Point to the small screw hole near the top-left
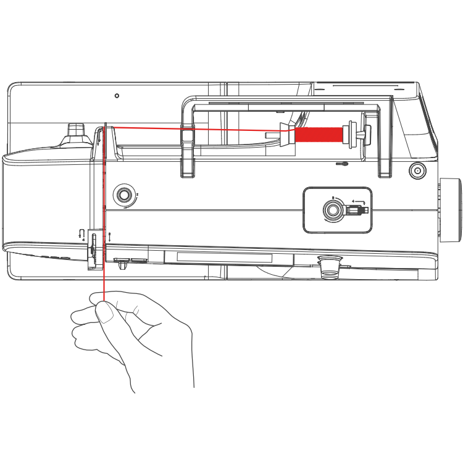(x=117, y=96)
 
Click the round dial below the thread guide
(x=125, y=196)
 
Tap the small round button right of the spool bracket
(x=418, y=170)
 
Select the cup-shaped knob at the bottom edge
(x=328, y=266)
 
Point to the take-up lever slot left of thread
(x=91, y=247)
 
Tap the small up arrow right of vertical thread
(x=109, y=235)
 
